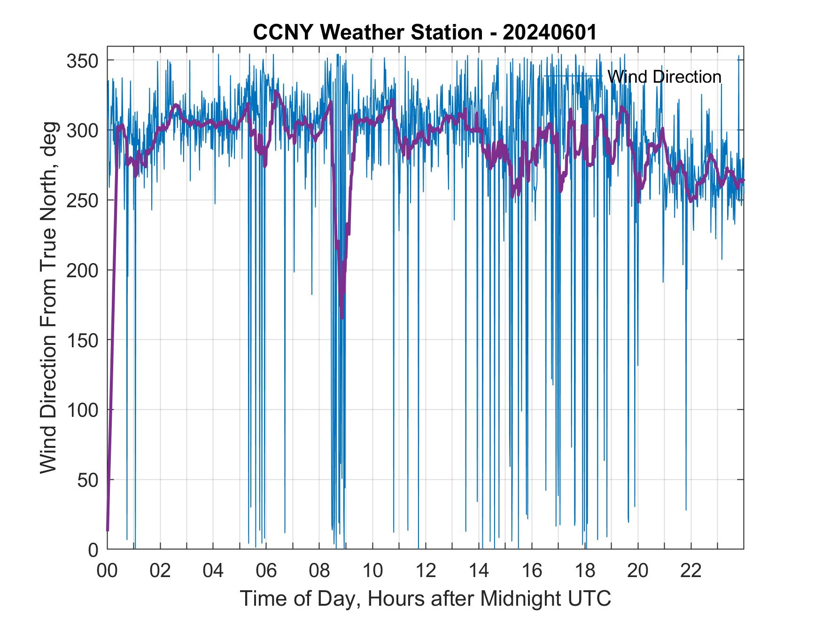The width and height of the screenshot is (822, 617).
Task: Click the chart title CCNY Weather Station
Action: click(367, 32)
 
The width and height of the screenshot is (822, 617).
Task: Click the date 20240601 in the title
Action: click(549, 32)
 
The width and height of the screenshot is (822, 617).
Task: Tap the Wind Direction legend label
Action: click(664, 77)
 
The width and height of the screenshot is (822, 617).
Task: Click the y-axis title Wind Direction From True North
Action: click(48, 297)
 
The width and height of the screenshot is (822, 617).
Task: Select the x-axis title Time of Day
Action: click(425, 598)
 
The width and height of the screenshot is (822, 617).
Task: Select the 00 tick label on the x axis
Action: click(107, 571)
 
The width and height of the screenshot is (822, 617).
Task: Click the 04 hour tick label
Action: click(213, 571)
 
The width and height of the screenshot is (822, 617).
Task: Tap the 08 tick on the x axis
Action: click(319, 571)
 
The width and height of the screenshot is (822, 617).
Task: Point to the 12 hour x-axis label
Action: click(426, 571)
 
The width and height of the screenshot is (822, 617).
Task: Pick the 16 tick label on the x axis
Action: click(532, 571)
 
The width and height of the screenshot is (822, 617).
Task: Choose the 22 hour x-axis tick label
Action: click(691, 571)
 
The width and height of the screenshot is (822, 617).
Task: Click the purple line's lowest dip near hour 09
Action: click(342, 318)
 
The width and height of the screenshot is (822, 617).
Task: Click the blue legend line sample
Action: click(573, 76)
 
